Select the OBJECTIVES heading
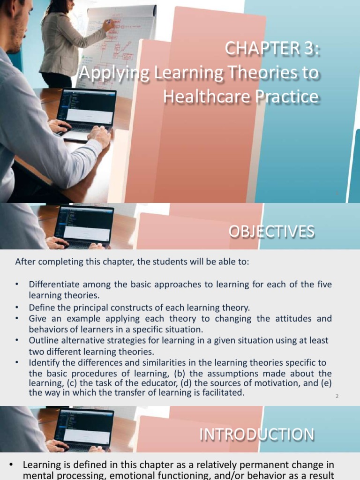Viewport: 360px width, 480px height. [x=271, y=232]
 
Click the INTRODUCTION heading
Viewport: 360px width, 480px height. [x=257, y=435]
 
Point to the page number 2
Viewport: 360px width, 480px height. [x=337, y=397]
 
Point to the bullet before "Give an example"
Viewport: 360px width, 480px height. [x=17, y=319]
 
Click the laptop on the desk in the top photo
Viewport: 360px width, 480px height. [x=86, y=112]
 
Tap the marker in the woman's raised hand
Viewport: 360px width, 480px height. [x=108, y=21]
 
